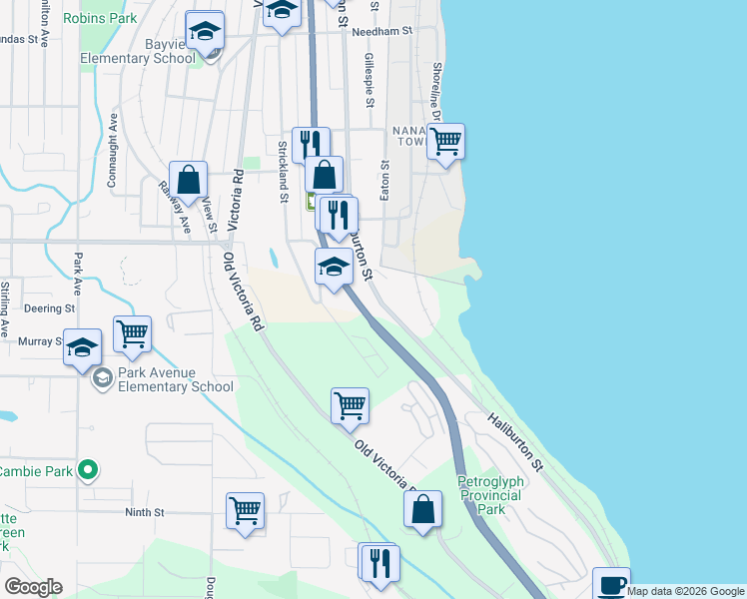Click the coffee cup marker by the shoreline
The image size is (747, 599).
pyautogui.click(x=610, y=585)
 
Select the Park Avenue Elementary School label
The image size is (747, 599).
pyautogui.click(x=176, y=379)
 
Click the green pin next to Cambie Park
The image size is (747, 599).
pyautogui.click(x=88, y=469)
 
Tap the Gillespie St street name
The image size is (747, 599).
pyautogui.click(x=370, y=81)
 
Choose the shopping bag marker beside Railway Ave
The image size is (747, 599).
pyautogui.click(x=188, y=181)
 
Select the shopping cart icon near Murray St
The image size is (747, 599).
pyautogui.click(x=132, y=334)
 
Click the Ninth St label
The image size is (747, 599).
pyautogui.click(x=144, y=512)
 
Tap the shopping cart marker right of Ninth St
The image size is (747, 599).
pyautogui.click(x=245, y=511)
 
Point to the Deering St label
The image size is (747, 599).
pyautogui.click(x=44, y=308)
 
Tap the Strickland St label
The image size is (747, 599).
pyautogui.click(x=284, y=165)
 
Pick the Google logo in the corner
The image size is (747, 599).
pyautogui.click(x=33, y=587)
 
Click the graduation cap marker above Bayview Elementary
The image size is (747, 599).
pyautogui.click(x=206, y=32)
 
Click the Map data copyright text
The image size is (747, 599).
pyautogui.click(x=685, y=591)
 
